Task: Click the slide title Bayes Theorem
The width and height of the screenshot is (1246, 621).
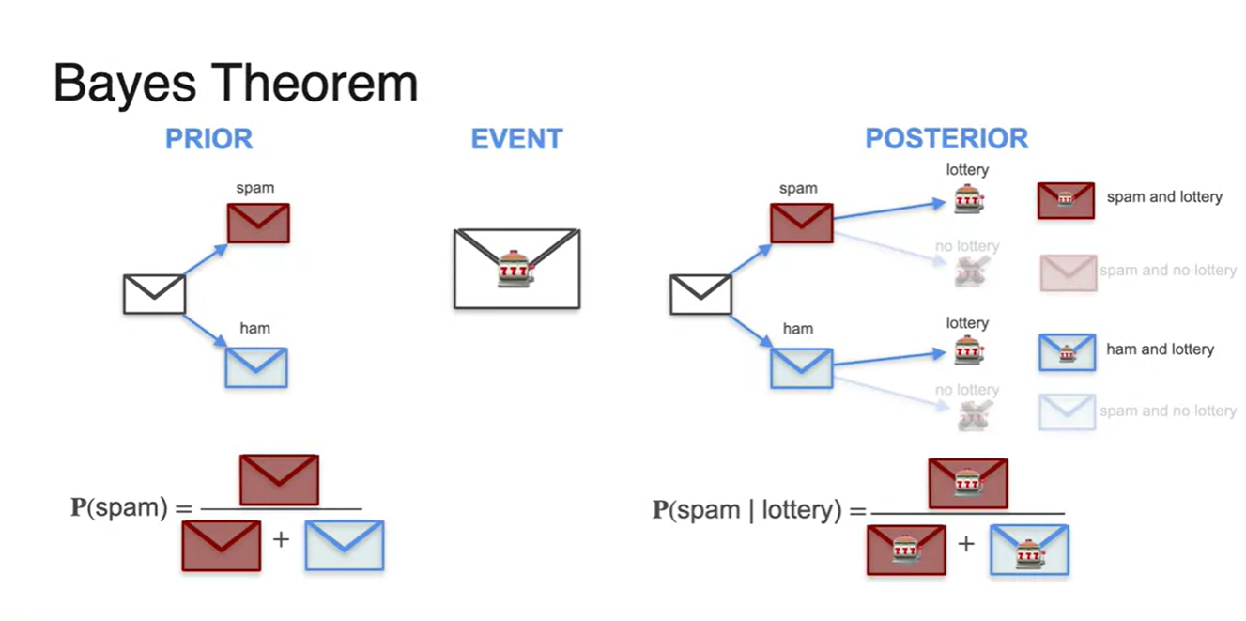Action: click(x=235, y=83)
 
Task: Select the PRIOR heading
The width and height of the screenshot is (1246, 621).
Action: click(x=208, y=139)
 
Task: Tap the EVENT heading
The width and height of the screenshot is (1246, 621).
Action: click(x=516, y=139)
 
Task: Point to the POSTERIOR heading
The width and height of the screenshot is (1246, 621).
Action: click(x=946, y=139)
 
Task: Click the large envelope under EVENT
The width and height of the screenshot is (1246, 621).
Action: click(x=516, y=268)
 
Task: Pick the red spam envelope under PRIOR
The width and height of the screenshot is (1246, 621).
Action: click(x=258, y=223)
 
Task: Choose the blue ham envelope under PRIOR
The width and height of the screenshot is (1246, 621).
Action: click(x=256, y=367)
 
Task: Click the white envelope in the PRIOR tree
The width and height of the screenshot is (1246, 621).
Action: click(x=155, y=294)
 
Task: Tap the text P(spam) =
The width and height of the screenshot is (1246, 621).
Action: click(x=131, y=508)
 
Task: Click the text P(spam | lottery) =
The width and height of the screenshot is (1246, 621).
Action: click(x=759, y=510)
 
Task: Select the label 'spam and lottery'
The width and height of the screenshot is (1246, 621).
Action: click(x=1164, y=197)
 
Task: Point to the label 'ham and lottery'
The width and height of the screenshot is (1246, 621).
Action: click(x=1160, y=349)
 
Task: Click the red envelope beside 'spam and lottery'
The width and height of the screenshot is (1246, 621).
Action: click(x=1066, y=200)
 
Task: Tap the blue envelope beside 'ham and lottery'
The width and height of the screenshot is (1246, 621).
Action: click(x=1067, y=352)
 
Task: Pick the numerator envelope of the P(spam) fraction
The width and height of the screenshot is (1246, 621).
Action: click(x=279, y=479)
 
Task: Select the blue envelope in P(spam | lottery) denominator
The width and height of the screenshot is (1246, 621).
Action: click(x=1029, y=550)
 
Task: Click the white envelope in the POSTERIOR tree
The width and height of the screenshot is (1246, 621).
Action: click(x=700, y=294)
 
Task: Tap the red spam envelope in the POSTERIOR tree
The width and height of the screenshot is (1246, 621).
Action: click(x=801, y=223)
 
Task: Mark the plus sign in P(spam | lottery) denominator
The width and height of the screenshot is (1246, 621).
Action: click(x=965, y=544)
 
